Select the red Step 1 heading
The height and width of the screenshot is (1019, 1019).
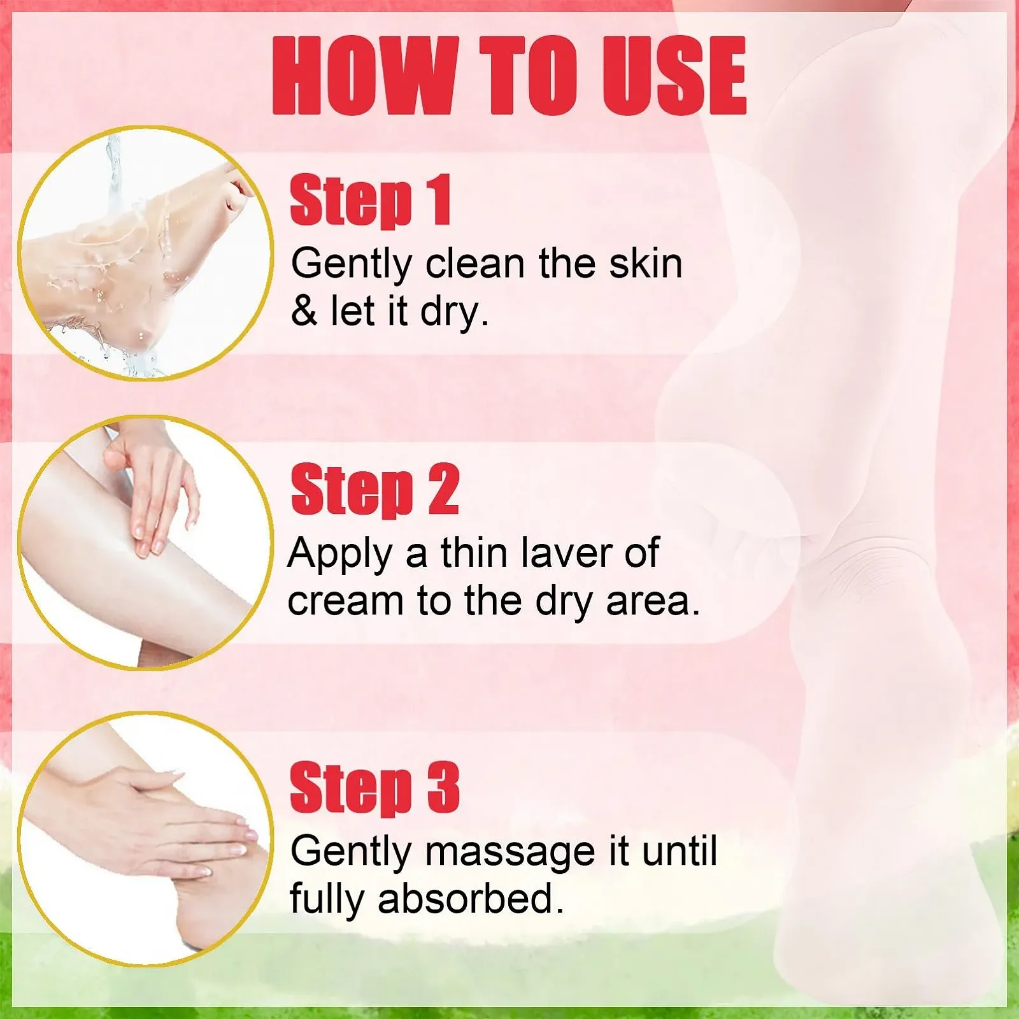(371, 200)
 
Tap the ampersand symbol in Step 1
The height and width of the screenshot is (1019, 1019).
(304, 311)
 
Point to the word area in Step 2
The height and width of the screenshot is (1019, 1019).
(653, 602)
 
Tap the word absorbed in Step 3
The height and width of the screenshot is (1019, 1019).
(471, 899)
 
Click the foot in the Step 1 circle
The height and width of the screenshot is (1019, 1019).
(127, 255)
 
